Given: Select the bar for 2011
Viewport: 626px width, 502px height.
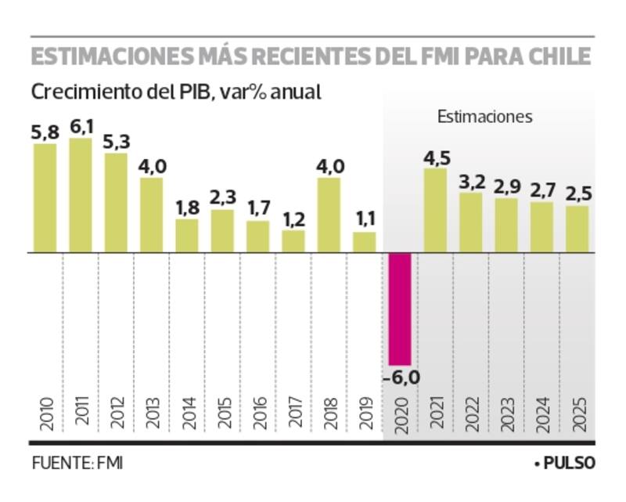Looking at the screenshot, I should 81,195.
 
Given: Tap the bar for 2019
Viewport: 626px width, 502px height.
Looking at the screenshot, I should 364,242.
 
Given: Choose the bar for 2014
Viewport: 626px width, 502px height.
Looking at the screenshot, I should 187,236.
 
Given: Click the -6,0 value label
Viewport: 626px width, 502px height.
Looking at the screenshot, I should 401,377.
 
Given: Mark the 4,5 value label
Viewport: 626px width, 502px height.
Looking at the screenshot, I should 436,157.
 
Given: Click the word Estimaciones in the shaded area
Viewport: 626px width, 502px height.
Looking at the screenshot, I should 484,117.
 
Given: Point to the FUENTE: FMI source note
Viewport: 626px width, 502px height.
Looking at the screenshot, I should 77,464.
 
